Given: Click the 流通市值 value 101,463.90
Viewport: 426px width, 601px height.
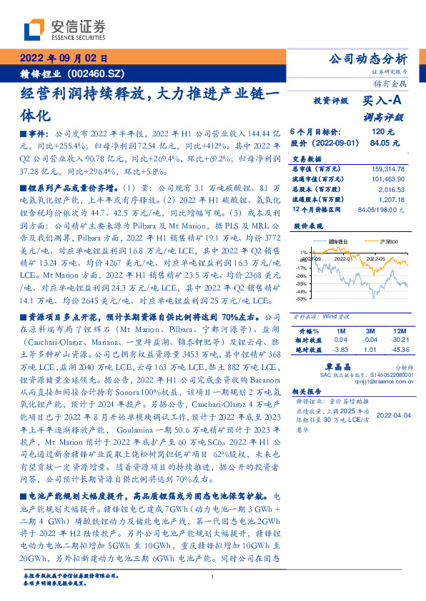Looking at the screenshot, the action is pyautogui.click(x=387, y=178).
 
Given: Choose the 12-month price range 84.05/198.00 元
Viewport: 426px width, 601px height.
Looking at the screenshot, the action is pyautogui.click(x=381, y=209).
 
